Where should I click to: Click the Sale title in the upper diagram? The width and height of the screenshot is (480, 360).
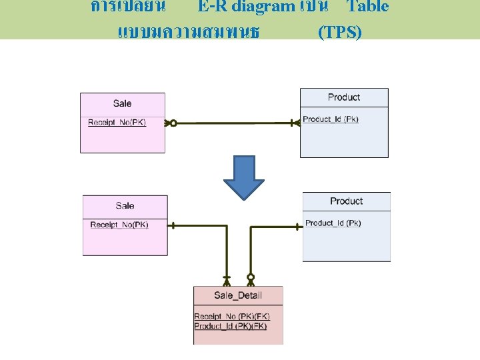pos(123,103)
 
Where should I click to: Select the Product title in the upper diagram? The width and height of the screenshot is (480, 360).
pos(344,97)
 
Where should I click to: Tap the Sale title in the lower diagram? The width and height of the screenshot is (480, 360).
pos(125,206)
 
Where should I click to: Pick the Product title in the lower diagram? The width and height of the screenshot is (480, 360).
pos(347,201)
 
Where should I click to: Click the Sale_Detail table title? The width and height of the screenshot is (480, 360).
pos(238,295)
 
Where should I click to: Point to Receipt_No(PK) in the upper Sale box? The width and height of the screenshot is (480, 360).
pos(117,122)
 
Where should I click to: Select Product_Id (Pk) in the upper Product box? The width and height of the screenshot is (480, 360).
pos(331,119)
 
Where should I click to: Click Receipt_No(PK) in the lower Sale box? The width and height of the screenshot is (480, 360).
pos(119,225)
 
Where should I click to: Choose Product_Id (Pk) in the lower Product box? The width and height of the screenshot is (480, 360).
pos(333,223)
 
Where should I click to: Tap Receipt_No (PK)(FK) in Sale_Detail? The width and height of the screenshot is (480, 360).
pos(232,316)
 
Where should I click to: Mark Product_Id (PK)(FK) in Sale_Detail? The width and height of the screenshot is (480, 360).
pos(231,325)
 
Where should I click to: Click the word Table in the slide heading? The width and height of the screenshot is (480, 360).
pos(367,7)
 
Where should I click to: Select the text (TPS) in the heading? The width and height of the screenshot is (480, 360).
pos(340,32)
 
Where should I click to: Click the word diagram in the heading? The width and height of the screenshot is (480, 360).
pos(263,7)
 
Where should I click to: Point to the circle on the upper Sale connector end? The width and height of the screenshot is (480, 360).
pos(173,123)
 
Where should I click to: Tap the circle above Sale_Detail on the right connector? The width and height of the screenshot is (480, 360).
pos(251,276)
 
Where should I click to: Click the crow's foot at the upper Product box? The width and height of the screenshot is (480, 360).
pos(295,123)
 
